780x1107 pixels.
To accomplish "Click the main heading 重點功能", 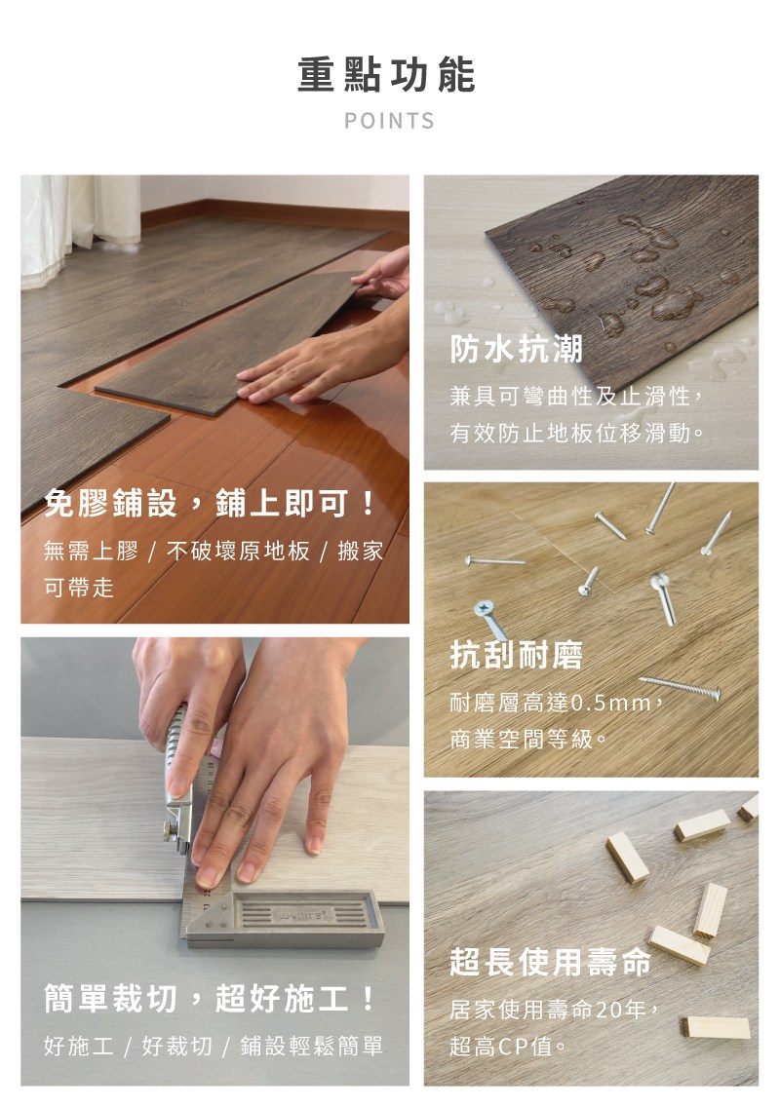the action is point(386,76).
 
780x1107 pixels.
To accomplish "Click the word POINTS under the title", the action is point(389,121).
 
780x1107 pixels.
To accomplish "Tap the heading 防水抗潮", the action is point(517,348).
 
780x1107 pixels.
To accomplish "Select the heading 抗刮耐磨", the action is point(517,655).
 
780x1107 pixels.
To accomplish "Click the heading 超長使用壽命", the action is point(550,962).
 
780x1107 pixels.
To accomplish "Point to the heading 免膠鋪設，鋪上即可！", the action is point(210,503).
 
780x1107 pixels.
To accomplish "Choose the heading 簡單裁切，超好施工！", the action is point(210,998).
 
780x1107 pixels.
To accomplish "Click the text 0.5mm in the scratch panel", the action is point(609,703).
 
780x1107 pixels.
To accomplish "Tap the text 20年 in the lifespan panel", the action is point(620,1010).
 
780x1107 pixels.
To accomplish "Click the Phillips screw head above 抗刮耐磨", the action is point(484,608).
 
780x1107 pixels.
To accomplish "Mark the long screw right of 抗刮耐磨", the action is point(680,687).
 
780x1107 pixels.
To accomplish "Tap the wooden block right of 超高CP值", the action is point(716,1027).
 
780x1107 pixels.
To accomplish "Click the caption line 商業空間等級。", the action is point(527,740).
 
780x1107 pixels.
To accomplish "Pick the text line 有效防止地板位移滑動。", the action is point(577,432).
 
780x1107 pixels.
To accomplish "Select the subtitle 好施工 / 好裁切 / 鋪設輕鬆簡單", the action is point(214,1046).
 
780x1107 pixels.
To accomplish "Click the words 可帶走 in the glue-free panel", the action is point(79,587).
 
